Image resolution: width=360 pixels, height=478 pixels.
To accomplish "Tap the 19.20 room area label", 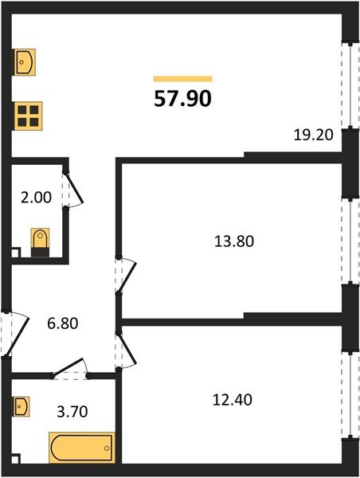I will click(311, 135).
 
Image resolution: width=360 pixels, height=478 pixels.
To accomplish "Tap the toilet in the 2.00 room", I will click(40, 241).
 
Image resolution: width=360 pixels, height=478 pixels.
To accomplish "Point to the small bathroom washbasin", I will click(22, 406).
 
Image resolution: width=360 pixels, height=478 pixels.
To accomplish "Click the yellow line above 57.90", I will click(182, 79).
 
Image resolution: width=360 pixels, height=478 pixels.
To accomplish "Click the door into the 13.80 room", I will click(124, 276).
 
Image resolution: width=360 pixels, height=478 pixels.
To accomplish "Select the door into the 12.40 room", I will click(125, 347).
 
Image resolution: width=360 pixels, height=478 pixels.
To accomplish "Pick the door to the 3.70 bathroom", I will click(70, 368).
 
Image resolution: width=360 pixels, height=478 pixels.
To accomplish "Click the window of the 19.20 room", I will click(347, 80).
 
